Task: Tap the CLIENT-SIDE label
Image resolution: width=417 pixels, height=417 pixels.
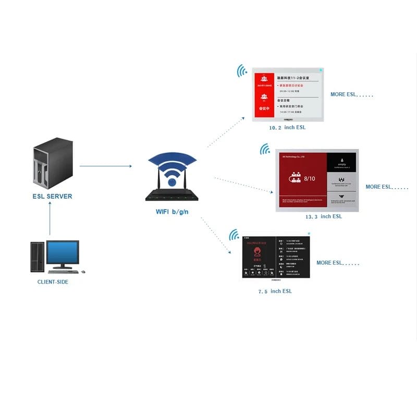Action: pos(53,282)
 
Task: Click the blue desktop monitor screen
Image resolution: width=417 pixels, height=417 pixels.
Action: pos(63,253)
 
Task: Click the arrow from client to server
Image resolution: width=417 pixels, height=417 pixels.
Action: pos(50,218)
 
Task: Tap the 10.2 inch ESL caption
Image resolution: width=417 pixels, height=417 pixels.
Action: pos(287,128)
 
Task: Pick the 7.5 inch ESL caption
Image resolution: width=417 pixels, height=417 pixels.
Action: pos(275,291)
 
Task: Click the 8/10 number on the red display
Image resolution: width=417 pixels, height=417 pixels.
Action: pos(309,179)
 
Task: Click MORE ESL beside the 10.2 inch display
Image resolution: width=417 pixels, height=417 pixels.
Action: pos(352,95)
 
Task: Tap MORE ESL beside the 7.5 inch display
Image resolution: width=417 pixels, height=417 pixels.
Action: pos(338,263)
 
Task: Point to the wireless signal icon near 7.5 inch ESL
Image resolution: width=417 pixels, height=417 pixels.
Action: pos(234,235)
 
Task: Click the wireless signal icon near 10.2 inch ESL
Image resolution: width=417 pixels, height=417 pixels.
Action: pos(242,70)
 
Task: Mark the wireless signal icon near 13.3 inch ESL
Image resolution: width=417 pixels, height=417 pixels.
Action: pos(265,150)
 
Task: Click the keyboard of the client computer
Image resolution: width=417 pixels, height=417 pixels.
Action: pos(63,272)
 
